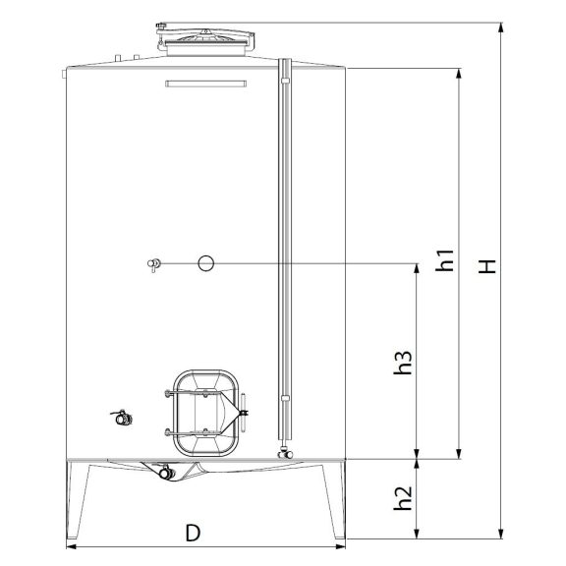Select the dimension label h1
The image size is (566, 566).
click(x=444, y=259)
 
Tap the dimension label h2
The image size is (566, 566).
click(x=403, y=498)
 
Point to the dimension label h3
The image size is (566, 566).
click(x=403, y=362)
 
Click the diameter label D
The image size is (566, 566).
click(x=193, y=533)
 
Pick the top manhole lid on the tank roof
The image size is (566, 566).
click(x=205, y=39)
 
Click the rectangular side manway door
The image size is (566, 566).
click(x=205, y=413)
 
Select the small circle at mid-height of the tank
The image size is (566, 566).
click(x=205, y=263)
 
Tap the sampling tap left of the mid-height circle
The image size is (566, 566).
click(x=154, y=264)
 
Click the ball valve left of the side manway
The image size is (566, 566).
click(x=123, y=418)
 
